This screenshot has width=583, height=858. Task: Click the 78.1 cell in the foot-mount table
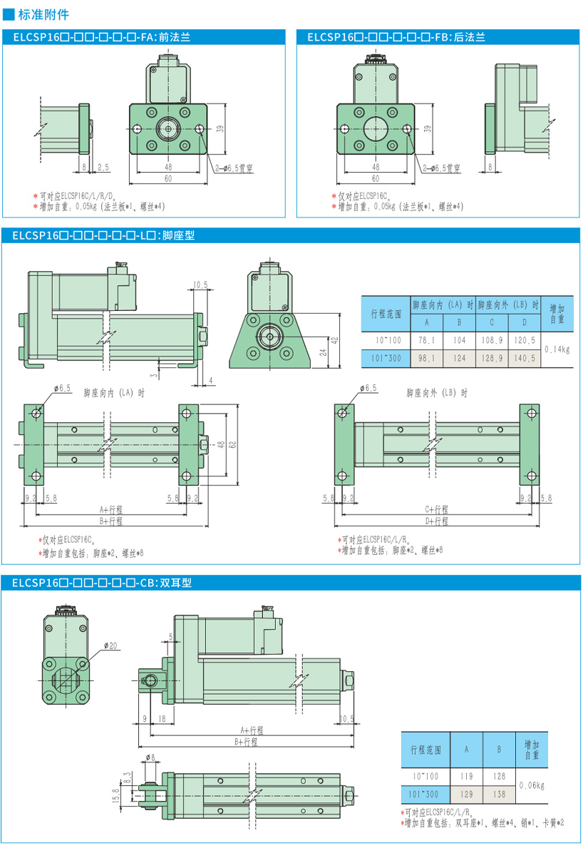pyautogui.click(x=427, y=339)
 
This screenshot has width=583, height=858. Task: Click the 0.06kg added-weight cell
pyautogui.click(x=532, y=785)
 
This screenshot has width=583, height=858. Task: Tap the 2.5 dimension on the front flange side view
pyautogui.click(x=103, y=167)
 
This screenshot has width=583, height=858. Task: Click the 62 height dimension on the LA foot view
pyautogui.click(x=232, y=444)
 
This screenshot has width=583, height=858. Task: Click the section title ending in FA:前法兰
pyautogui.click(x=100, y=37)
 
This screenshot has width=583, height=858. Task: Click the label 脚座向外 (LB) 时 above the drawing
pyautogui.click(x=437, y=392)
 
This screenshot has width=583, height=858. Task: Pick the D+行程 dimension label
pyautogui.click(x=437, y=521)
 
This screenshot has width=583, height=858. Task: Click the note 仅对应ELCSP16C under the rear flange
pyautogui.click(x=363, y=196)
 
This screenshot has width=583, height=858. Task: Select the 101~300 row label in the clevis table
pyautogui.click(x=425, y=794)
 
